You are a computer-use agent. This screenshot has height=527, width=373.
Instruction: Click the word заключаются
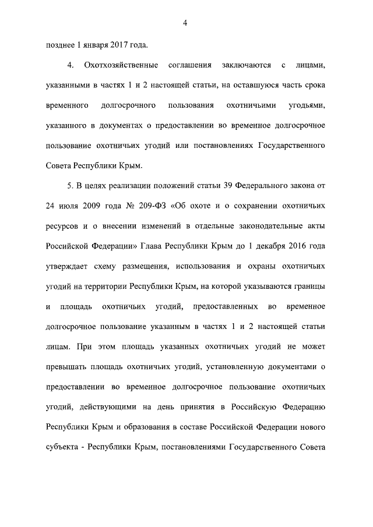pos(240,65)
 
